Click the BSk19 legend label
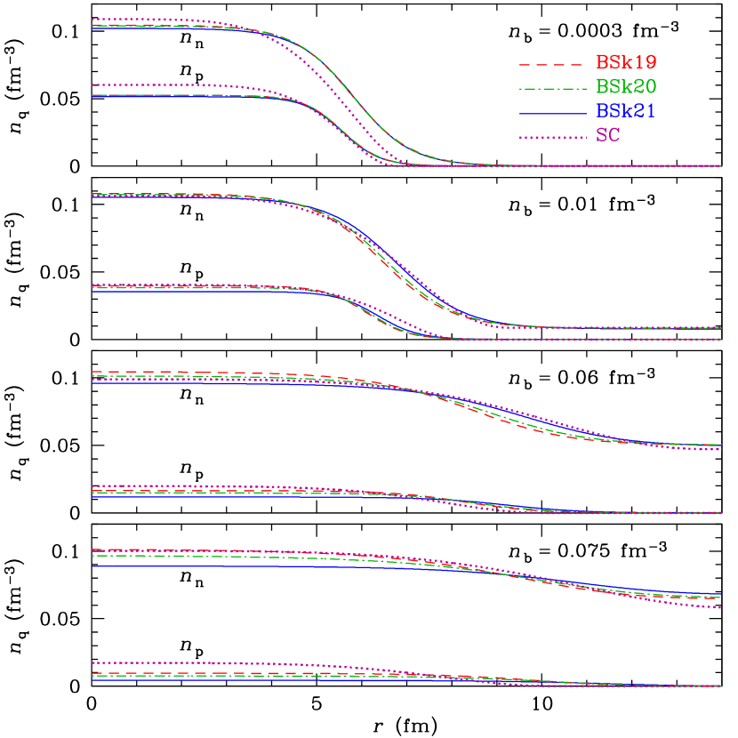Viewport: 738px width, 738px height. pyautogui.click(x=626, y=63)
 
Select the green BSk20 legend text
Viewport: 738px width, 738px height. pyautogui.click(x=626, y=87)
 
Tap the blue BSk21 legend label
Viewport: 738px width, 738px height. pyautogui.click(x=626, y=111)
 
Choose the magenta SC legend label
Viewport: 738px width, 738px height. pyautogui.click(x=608, y=136)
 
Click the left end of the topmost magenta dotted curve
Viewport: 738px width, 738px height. pyautogui.click(x=92, y=19)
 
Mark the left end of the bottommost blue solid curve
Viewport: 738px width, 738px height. pyautogui.click(x=92, y=680)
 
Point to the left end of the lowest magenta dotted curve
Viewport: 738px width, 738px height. pyautogui.click(x=92, y=662)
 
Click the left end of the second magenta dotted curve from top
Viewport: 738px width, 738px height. pyautogui.click(x=92, y=85)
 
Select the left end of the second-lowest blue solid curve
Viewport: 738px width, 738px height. pyautogui.click(x=92, y=566)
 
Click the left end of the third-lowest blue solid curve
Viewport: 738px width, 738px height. pyautogui.click(x=92, y=496)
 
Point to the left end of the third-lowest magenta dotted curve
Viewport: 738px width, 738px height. pyautogui.click(x=92, y=486)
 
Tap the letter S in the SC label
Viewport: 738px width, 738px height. pyautogui.click(x=602, y=136)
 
